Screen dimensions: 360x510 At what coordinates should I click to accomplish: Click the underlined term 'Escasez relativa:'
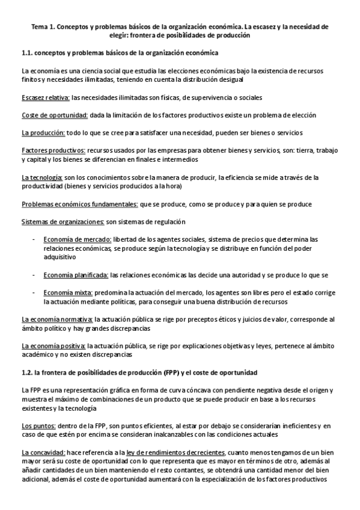[x=45, y=97]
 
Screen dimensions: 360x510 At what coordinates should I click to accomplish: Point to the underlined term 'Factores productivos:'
[x=53, y=150]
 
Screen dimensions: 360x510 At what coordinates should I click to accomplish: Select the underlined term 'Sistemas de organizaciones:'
[x=63, y=221]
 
